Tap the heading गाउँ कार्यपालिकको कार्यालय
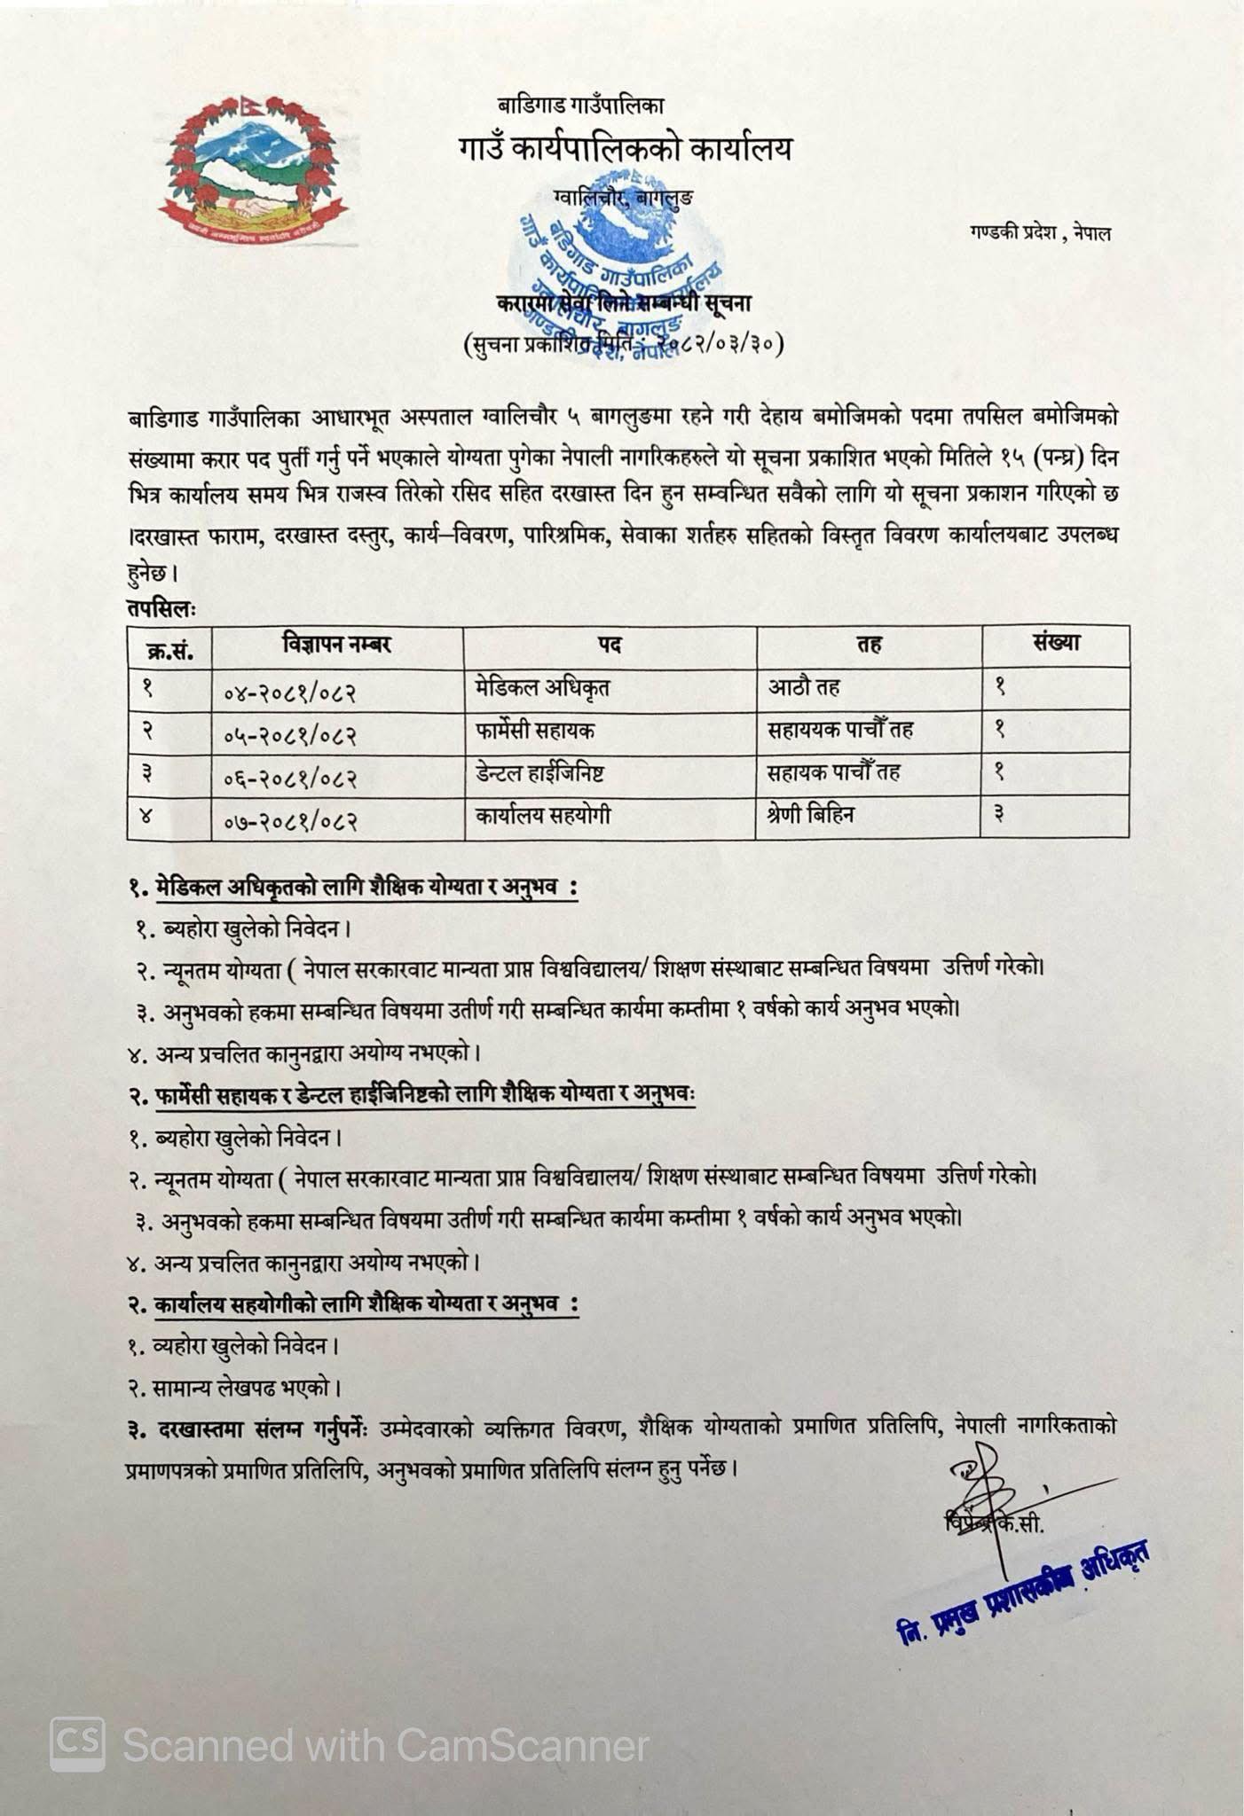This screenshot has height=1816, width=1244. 625,148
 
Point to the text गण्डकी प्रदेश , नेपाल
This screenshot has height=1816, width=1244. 1040,233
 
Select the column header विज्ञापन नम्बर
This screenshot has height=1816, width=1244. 337,645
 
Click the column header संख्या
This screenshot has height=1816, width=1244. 1055,644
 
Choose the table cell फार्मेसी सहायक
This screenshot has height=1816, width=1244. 534,730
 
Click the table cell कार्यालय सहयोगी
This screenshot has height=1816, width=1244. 542,815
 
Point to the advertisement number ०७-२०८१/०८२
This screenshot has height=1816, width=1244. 289,820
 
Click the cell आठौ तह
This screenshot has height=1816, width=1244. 804,687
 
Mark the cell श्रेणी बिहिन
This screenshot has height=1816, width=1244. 810,815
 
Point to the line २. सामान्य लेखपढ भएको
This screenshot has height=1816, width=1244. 234,1387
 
